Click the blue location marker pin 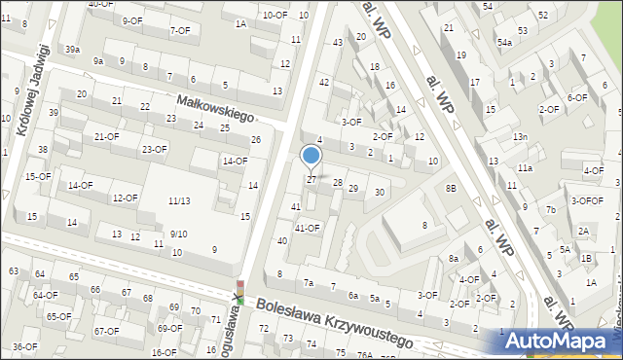pos(311,156)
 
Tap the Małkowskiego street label pos(214,107)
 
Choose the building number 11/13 pos(178,200)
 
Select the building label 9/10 pos(178,234)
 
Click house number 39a pos(73,49)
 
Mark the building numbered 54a pos(504,43)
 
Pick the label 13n pos(521,136)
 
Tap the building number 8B pos(451,188)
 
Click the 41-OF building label pos(308,228)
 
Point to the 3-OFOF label pos(587,200)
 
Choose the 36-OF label pos(24,346)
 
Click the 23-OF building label pos(154,149)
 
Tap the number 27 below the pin pos(311,180)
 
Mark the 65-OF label pos(58,316)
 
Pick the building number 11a pos(526,168)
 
